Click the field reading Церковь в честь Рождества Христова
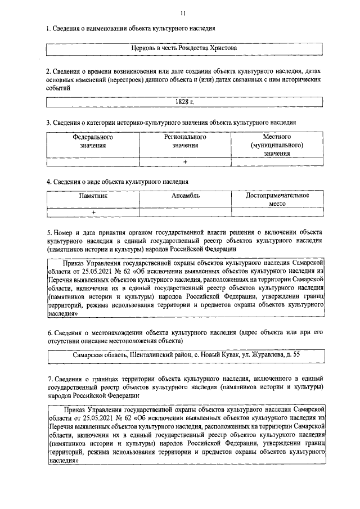click(x=184, y=49)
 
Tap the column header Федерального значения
click(x=92, y=141)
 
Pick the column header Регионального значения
click(x=184, y=141)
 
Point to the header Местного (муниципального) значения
click(x=277, y=145)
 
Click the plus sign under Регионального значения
click(x=184, y=162)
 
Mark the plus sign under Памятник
click(x=93, y=212)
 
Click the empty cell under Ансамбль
click(x=185, y=212)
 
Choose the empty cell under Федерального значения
click(x=92, y=162)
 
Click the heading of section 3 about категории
click(x=172, y=122)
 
